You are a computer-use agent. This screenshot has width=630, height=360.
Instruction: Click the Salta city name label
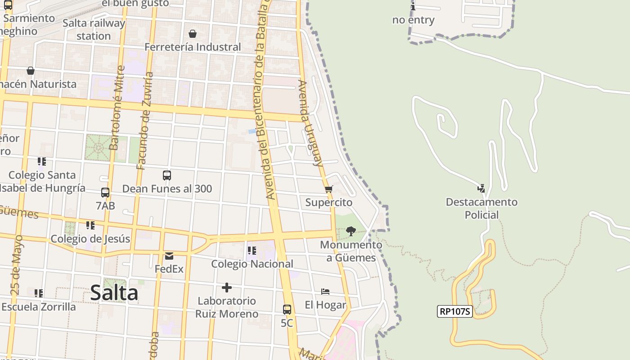pyautogui.click(x=114, y=293)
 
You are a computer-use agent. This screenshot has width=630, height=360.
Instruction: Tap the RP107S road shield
pyautogui.click(x=454, y=311)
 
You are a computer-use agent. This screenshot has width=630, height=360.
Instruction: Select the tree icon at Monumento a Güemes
pyautogui.click(x=351, y=231)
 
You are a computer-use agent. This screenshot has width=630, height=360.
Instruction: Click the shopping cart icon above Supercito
pyautogui.click(x=328, y=189)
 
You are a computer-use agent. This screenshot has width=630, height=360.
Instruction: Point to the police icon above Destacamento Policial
pyautogui.click(x=481, y=188)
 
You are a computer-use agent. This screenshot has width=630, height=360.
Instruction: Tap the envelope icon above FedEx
pyautogui.click(x=169, y=256)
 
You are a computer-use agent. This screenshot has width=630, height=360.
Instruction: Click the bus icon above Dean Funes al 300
pyautogui.click(x=167, y=175)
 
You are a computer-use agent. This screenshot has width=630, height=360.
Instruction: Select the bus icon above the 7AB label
pyautogui.click(x=105, y=193)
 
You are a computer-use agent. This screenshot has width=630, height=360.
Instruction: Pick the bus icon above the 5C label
pyautogui.click(x=287, y=310)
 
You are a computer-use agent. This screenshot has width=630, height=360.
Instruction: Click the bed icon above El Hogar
pyautogui.click(x=325, y=292)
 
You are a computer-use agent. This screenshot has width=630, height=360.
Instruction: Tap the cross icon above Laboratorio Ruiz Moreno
pyautogui.click(x=227, y=287)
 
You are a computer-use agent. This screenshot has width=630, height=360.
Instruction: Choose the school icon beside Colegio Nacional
pyautogui.click(x=252, y=250)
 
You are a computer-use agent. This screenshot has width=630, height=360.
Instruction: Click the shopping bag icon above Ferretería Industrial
pyautogui.click(x=193, y=34)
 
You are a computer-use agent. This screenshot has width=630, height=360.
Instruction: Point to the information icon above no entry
pyautogui.click(x=413, y=6)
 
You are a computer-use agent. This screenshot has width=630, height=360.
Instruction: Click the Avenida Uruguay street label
pyautogui.click(x=311, y=123)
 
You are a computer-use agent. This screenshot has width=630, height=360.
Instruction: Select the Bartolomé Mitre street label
pyautogui.click(x=117, y=108)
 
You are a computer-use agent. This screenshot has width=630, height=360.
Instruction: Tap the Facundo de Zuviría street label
pyautogui.click(x=145, y=121)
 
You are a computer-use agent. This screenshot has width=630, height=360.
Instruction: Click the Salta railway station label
pyautogui.click(x=94, y=29)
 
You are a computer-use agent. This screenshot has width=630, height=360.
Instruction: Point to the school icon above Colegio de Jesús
pyautogui.click(x=90, y=225)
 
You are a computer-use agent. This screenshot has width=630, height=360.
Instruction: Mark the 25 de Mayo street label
pyautogui.click(x=17, y=265)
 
